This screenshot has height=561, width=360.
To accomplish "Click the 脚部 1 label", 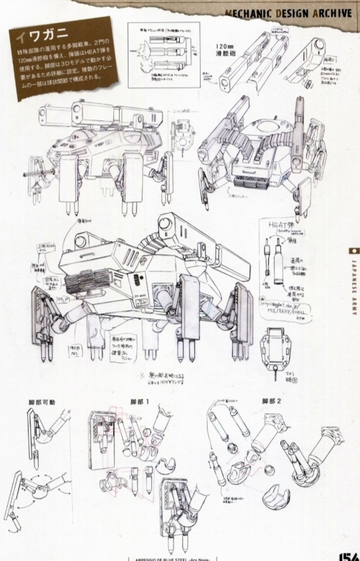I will click(141, 402).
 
